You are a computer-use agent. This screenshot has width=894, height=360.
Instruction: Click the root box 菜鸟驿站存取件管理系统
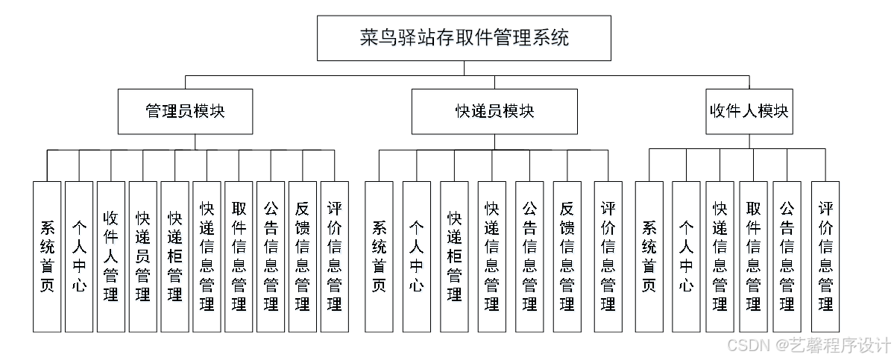tap(464, 38)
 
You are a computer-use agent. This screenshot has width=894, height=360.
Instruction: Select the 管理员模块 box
tap(185, 112)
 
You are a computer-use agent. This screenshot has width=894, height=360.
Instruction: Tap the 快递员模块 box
tap(494, 112)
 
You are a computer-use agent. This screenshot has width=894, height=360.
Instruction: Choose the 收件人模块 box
tap(749, 112)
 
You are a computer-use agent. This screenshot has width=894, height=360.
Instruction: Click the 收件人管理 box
tap(111, 256)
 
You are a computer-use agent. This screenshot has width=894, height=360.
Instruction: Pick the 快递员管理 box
tap(143, 256)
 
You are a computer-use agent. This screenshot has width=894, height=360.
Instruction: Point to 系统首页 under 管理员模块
tap(47, 256)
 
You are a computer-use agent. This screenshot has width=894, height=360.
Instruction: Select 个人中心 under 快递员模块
tap(417, 256)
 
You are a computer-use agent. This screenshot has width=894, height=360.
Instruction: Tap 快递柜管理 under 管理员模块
tap(175, 256)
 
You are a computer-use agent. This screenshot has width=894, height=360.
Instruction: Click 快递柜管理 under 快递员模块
tap(454, 256)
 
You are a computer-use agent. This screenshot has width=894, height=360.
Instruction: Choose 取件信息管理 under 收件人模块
tap(753, 256)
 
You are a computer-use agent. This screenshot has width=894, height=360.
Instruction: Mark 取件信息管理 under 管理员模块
tap(239, 256)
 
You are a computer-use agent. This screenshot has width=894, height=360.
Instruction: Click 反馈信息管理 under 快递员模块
tap(567, 256)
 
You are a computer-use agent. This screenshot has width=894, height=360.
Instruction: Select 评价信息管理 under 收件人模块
tap(825, 256)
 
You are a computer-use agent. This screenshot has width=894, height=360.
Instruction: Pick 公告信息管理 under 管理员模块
tap(271, 256)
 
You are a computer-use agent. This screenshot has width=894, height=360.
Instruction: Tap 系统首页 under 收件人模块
tap(649, 256)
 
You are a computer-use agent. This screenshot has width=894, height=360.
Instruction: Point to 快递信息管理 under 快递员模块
tap(491, 256)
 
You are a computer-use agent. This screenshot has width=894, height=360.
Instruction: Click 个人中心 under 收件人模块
tap(686, 256)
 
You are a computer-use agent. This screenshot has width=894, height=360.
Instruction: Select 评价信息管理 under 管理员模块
tap(335, 256)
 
